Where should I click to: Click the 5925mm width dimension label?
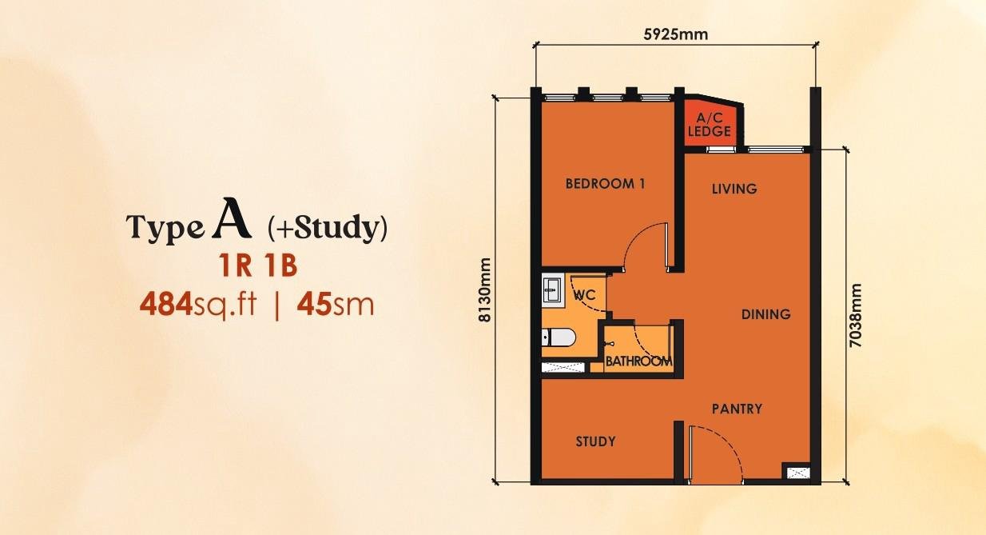pos(676,34)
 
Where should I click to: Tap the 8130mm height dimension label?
pos(484,290)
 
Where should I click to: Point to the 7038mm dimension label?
pos(855,315)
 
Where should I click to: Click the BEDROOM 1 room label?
pos(605,183)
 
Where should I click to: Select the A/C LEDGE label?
pos(709,125)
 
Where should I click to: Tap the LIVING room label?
pos(734,189)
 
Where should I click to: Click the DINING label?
pos(766,314)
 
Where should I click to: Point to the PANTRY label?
pos(737,409)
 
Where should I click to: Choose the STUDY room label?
pos(595,441)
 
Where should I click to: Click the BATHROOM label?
pos(639,361)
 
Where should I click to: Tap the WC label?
pos(585,294)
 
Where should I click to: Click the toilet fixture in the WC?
pos(559,337)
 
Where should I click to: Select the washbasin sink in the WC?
pos(553,289)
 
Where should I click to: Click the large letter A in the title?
pos(232,218)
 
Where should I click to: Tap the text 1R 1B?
pos(258,266)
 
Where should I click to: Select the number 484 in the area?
pos(166,305)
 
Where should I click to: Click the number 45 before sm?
pos(314,305)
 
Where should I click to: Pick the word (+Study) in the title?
pos(328,228)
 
